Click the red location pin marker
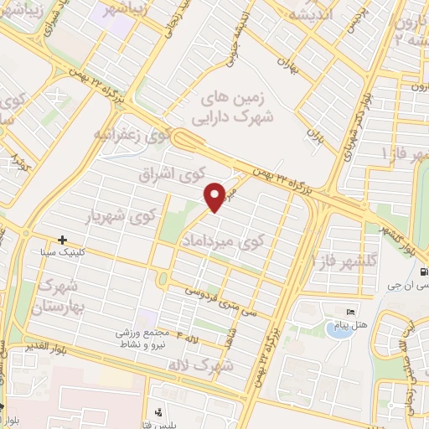pyautogui.click(x=215, y=196)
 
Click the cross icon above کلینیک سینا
pyautogui.click(x=62, y=240)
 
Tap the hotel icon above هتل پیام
pyautogui.click(x=350, y=313)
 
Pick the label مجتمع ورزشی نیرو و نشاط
pyautogui.click(x=147, y=338)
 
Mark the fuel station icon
pyautogui.click(x=425, y=271)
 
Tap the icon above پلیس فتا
pyautogui.click(x=158, y=413)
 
